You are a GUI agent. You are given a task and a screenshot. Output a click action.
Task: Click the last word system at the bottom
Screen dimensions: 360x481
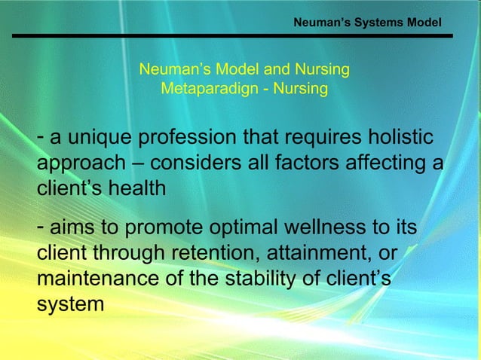[69, 305]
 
